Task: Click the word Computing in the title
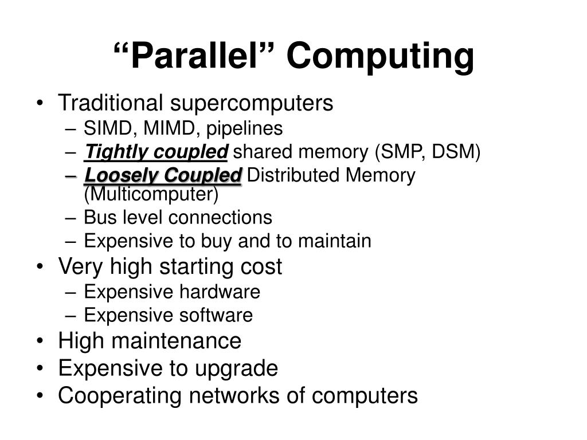pos(381,56)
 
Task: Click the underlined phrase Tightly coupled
pos(156,152)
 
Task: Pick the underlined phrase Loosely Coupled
pos(163,175)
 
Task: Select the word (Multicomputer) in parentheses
pos(151,195)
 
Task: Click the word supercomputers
pos(251,104)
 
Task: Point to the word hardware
pos(221,292)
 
